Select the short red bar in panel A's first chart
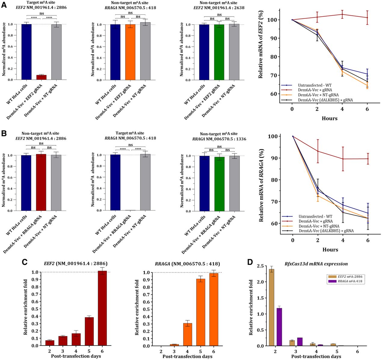pyautogui.click(x=41, y=77)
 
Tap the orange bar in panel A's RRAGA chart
pyautogui.click(x=130, y=52)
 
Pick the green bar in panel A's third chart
pyautogui.click(x=219, y=52)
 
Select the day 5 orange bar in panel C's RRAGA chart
pyautogui.click(x=200, y=312)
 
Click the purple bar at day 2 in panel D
pyautogui.click(x=279, y=327)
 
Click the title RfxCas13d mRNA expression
pyautogui.click(x=316, y=264)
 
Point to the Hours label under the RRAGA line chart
pyautogui.click(x=330, y=250)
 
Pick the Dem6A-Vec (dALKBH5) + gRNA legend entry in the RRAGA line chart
pyautogui.click(x=318, y=231)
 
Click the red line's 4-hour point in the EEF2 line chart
pyautogui.click(x=342, y=14)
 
